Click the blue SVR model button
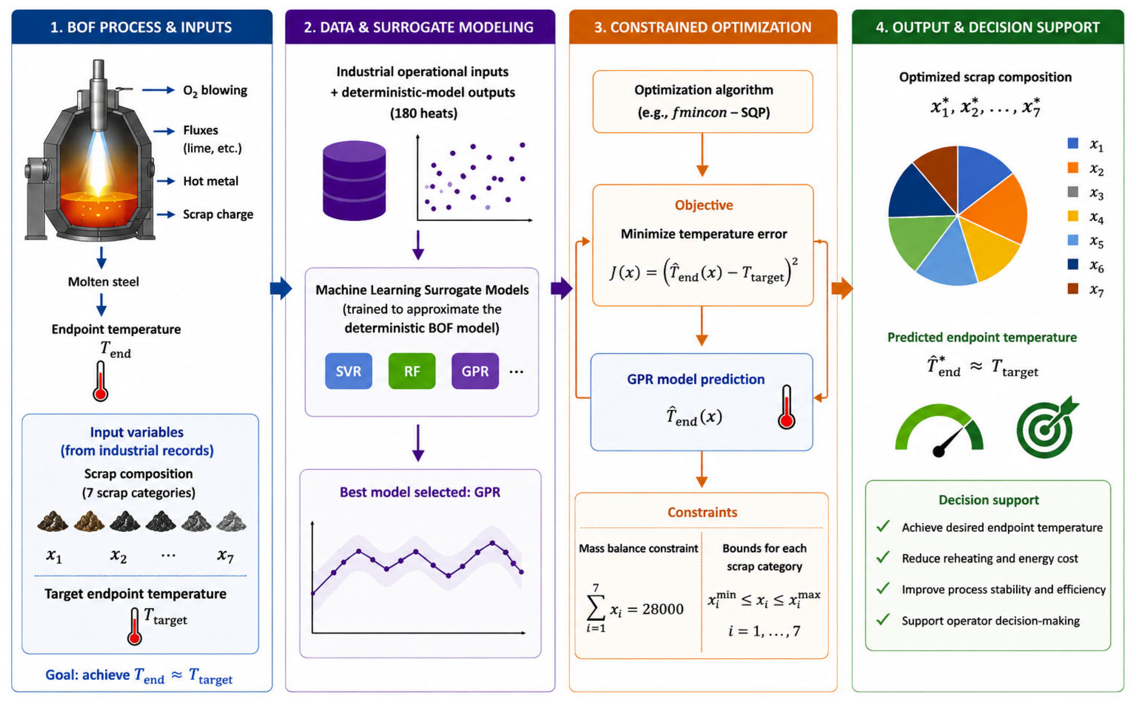tap(348, 371)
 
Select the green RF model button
tap(412, 371)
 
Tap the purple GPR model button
tap(475, 371)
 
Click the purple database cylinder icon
tap(354, 181)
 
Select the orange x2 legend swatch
tap(1072, 168)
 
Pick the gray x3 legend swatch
tap(1072, 192)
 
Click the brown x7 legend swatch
tap(1072, 289)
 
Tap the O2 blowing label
tap(215, 90)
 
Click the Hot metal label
tap(211, 181)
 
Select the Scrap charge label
tap(218, 214)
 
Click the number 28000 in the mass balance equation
tap(663, 609)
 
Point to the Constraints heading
tap(702, 512)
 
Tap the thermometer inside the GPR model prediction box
tap(786, 407)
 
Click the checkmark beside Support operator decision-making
tap(883, 619)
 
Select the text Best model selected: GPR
tap(420, 492)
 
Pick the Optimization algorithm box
tap(703, 102)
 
